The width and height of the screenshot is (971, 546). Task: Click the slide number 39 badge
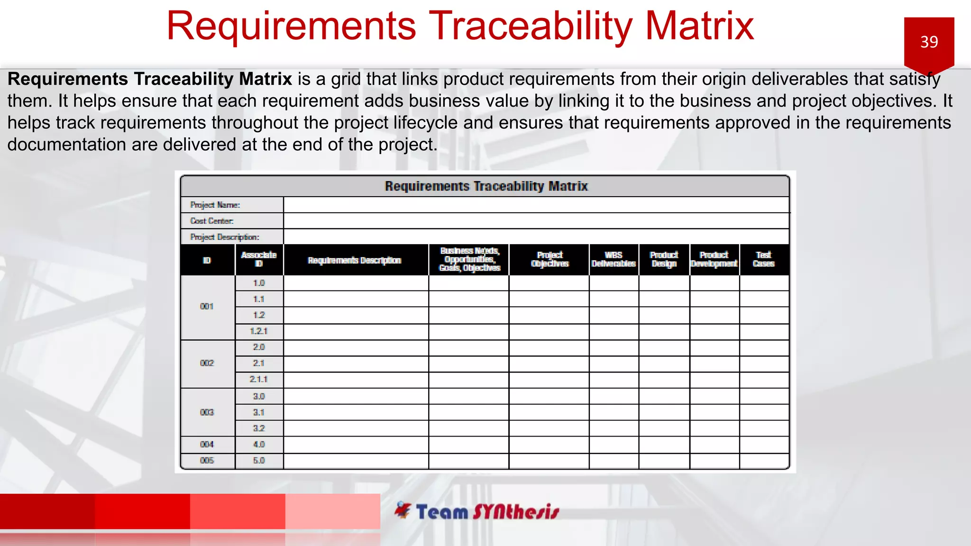[x=929, y=42]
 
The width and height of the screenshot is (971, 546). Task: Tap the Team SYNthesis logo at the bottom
[x=477, y=512]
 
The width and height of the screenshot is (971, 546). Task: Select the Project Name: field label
[x=215, y=205]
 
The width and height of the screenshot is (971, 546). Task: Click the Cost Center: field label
[x=211, y=221]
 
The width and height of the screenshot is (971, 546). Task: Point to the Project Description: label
[x=224, y=237]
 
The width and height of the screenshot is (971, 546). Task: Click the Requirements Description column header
[x=355, y=260]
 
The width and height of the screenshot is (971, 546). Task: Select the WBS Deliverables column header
[x=614, y=259]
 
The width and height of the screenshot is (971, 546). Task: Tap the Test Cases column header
[x=763, y=259]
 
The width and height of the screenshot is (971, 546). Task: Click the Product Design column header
[x=664, y=259]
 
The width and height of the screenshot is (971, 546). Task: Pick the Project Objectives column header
[x=549, y=259]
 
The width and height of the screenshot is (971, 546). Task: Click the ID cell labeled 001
[x=207, y=307]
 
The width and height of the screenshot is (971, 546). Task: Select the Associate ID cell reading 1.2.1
[x=258, y=331]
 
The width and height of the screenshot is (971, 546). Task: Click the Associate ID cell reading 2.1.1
[x=258, y=379]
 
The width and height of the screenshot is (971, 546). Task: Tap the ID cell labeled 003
[x=207, y=412]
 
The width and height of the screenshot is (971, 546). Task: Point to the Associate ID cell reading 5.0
[x=258, y=460]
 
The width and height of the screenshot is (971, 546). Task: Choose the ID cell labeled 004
[x=207, y=444]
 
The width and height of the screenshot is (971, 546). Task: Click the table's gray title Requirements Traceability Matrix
[x=485, y=186]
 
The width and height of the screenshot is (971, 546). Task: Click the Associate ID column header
[x=258, y=259]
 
